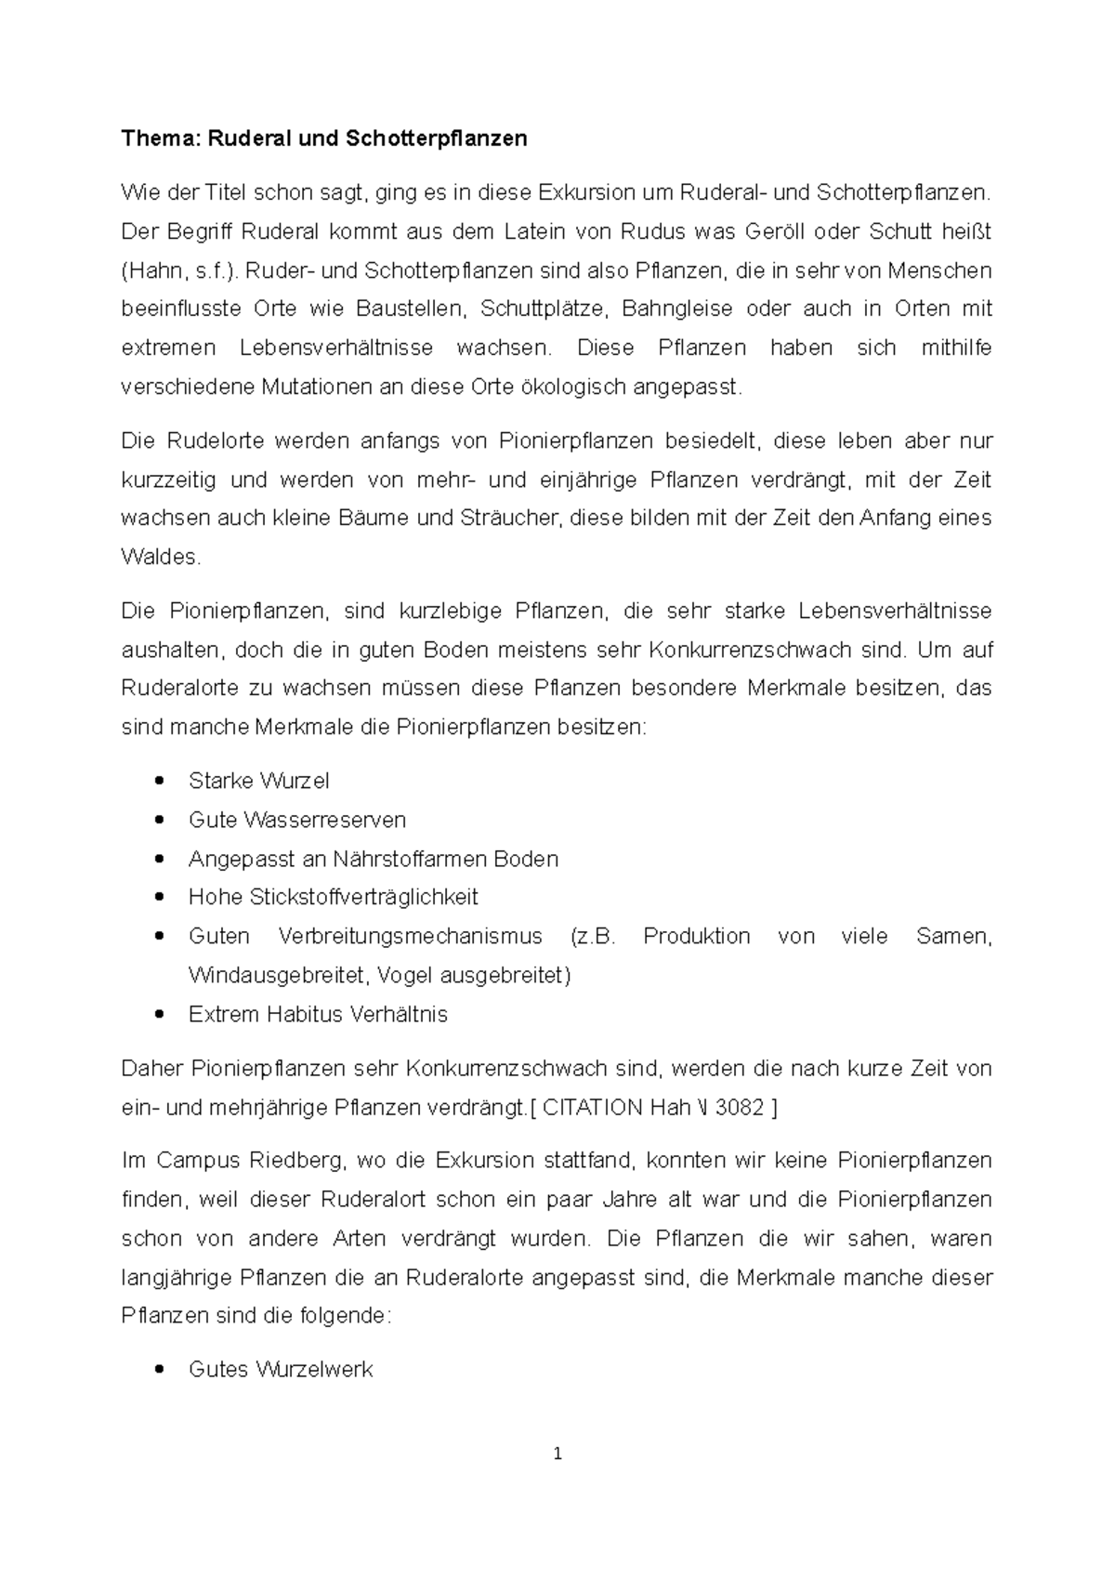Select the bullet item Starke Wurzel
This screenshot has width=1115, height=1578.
(258, 781)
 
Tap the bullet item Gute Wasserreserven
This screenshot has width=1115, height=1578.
(296, 820)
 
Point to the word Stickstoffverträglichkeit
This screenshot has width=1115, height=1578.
(363, 898)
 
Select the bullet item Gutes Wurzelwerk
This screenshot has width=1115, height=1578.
(280, 1369)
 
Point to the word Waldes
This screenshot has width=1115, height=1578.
(160, 558)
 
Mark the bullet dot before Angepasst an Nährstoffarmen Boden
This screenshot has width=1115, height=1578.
(162, 859)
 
